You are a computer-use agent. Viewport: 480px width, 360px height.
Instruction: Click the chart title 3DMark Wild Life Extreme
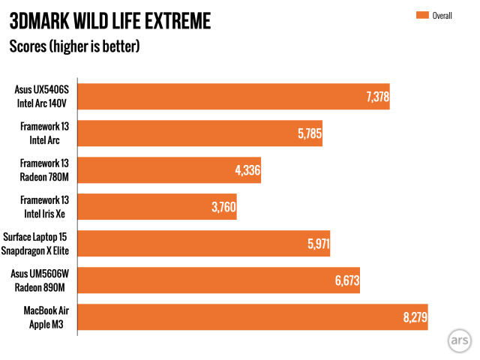[109, 20]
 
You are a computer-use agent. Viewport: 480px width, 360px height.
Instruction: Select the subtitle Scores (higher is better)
[74, 46]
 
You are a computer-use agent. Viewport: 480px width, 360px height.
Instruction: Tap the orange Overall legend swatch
[419, 14]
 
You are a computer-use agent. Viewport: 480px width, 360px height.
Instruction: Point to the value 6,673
[343, 280]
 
